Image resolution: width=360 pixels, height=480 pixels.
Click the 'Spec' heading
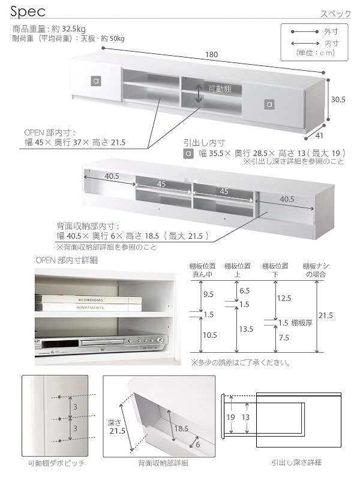(x=28, y=11)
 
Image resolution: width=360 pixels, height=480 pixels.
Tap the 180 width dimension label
(x=212, y=55)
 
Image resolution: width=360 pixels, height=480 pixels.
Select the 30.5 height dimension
(x=338, y=100)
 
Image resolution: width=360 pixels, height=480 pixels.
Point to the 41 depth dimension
(x=319, y=136)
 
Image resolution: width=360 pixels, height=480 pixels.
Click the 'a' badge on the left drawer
(x=96, y=81)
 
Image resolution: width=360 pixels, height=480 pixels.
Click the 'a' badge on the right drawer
(x=269, y=104)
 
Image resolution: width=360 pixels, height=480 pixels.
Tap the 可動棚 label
(x=220, y=89)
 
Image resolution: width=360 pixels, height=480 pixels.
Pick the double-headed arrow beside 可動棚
(x=199, y=93)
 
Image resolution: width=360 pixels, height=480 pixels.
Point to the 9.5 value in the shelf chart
(x=208, y=294)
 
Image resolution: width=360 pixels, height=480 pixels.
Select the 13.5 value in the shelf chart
(x=246, y=329)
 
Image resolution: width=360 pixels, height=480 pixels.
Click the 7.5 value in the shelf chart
(x=284, y=338)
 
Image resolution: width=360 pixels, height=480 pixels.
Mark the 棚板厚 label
(x=302, y=323)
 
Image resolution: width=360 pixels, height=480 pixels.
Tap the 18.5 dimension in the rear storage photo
(x=181, y=429)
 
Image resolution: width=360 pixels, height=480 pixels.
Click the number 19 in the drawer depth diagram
(x=231, y=417)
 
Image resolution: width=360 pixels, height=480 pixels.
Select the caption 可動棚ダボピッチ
(x=56, y=463)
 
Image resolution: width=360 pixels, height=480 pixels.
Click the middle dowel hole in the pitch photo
(x=60, y=418)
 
